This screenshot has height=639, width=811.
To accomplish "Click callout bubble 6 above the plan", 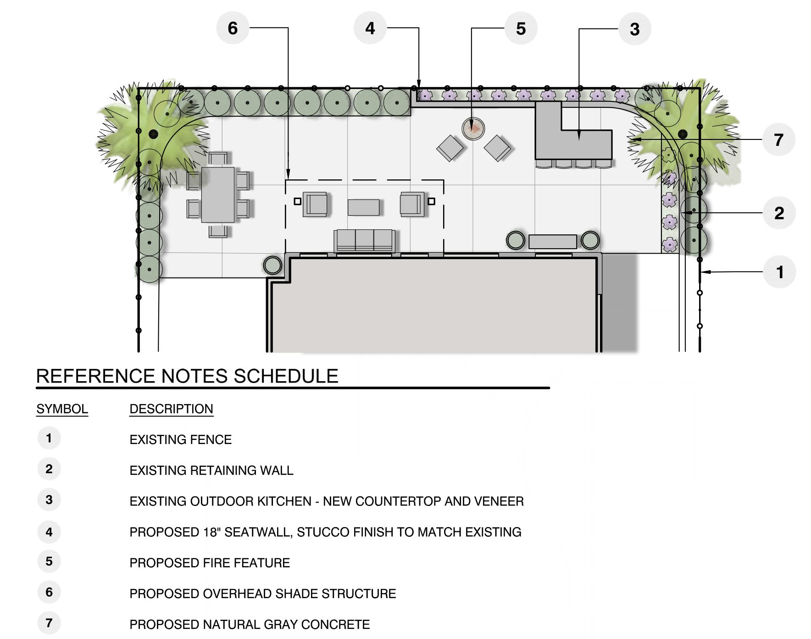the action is (233, 28).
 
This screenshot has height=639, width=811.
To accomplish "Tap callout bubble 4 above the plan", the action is (370, 28).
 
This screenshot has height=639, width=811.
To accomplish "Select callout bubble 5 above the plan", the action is (521, 28).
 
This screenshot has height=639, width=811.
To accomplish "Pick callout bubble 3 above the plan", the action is (634, 29).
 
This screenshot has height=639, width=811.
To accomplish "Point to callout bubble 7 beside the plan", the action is (778, 139).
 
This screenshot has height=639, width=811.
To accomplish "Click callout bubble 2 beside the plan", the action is (779, 213).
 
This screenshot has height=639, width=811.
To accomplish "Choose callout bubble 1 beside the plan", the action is (779, 272).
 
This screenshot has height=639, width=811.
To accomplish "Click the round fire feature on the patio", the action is (473, 129).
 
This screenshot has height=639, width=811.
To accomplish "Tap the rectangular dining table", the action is (218, 195).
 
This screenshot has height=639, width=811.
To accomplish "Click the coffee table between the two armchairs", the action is (363, 207).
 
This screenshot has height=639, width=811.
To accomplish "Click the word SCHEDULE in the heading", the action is (286, 376).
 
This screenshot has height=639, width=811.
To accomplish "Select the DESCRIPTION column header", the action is (172, 409).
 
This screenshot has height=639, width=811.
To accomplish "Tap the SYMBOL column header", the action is (62, 409).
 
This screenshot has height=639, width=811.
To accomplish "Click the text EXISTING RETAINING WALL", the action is (211, 470).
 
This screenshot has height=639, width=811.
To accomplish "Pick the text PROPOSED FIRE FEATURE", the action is (210, 563).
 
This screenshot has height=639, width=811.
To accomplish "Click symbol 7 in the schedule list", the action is (49, 623).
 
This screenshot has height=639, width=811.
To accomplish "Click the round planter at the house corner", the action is (272, 265).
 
